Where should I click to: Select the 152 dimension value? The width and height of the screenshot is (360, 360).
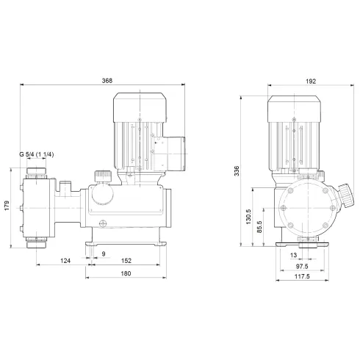pyautogui.click(x=126, y=260)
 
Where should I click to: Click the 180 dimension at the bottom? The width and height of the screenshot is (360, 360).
pyautogui.click(x=126, y=274)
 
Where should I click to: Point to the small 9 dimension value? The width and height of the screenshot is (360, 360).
pyautogui.click(x=103, y=253)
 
